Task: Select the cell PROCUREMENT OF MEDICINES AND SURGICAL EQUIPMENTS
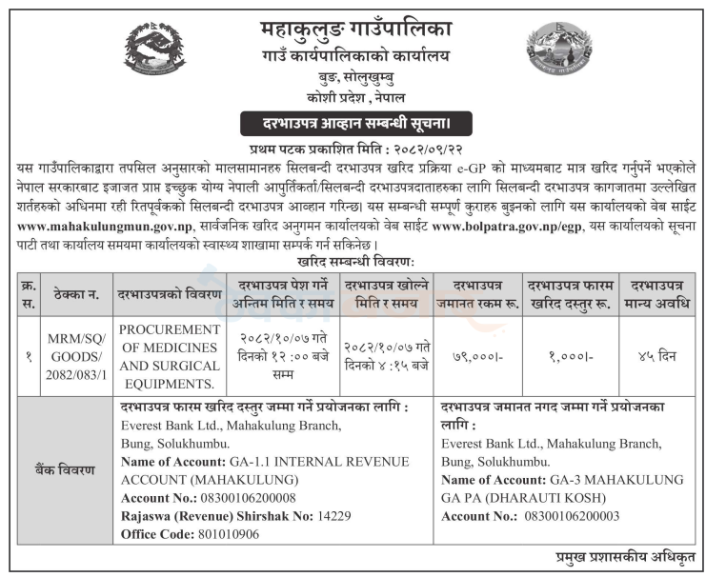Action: (169, 355)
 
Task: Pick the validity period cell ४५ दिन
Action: (657, 355)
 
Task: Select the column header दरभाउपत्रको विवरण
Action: (169, 292)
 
